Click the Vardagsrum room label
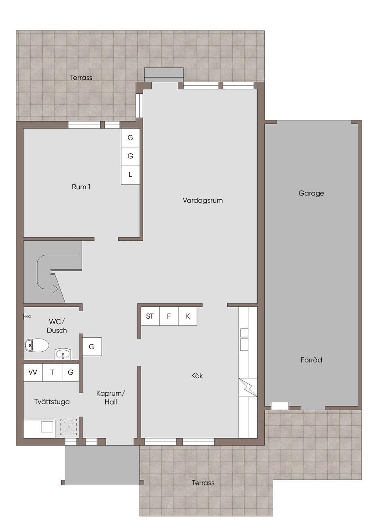coord(203,201)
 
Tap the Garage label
coord(311,193)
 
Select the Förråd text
coord(311,360)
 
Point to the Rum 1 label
coord(81,187)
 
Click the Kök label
coord(197,376)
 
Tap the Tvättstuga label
coord(52,402)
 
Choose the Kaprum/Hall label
coord(111,398)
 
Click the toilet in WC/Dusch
coord(37,345)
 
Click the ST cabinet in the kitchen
coord(150,316)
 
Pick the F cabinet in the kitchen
coord(169,316)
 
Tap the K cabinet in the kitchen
coord(188,316)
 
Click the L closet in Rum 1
coord(130,175)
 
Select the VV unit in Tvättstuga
coord(33,373)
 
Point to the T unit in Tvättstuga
coord(52,373)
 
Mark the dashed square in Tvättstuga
coord(69,427)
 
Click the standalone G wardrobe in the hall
coord(92,346)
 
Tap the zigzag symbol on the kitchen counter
coord(248,387)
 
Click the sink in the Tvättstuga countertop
coord(47,427)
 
